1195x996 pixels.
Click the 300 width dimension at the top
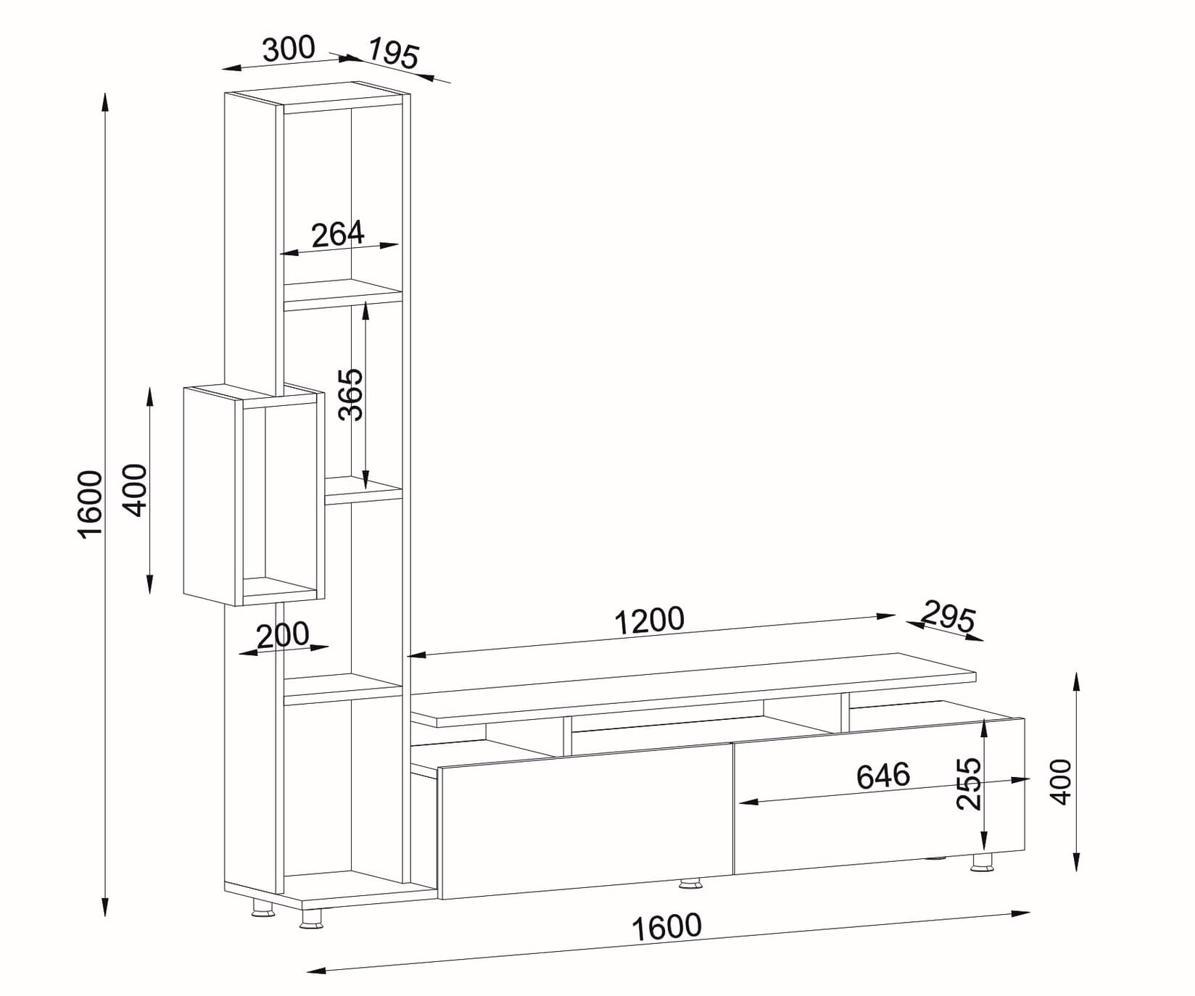(289, 49)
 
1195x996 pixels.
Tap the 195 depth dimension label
(393, 54)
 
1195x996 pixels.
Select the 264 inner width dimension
(337, 234)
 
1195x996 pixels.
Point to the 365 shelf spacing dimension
(351, 394)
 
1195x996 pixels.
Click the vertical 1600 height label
(91, 504)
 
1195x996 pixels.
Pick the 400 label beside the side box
(136, 490)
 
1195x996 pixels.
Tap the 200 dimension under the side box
(283, 636)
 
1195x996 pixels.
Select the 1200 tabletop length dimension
(649, 621)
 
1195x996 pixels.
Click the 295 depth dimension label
(948, 617)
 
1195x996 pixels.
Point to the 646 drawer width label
(882, 776)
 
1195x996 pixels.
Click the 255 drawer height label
(969, 784)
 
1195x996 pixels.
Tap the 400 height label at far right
(1061, 781)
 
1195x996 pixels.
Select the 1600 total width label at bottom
(666, 927)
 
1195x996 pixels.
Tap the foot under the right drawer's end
(982, 863)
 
